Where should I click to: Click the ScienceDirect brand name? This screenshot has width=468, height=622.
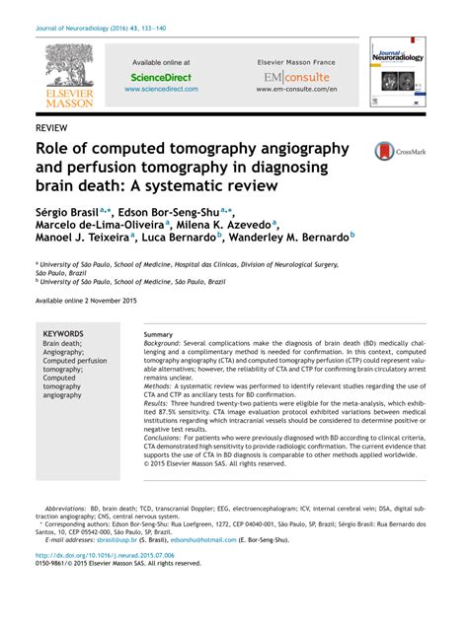(161, 76)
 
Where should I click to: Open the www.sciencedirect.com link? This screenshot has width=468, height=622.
(161, 89)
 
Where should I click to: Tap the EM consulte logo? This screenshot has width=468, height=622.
(297, 76)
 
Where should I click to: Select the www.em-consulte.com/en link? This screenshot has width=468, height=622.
(297, 89)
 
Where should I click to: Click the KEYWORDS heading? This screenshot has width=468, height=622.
(63, 334)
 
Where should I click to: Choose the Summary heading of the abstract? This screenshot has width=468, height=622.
(159, 335)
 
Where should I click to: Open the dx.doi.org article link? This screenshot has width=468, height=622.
(104, 555)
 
